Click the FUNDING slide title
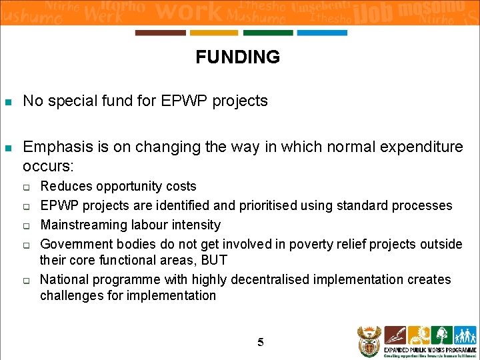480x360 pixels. [238, 57]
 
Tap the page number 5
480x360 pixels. [261, 343]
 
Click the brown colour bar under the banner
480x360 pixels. [160, 33]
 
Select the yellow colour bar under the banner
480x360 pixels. [214, 33]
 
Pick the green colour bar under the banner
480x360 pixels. [268, 33]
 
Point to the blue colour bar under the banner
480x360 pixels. [322, 33]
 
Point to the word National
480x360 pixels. [67, 279]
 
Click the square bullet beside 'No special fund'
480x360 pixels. [8, 103]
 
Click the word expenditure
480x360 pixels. [424, 147]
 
